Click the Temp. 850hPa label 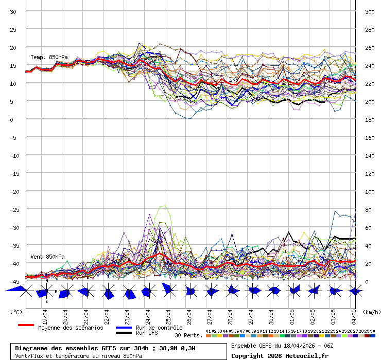tap(49, 57)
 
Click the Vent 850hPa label tap(47, 256)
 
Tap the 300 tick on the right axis tap(370, 11)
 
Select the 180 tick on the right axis tap(370, 119)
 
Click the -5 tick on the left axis tap(14, 137)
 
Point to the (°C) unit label tap(16, 312)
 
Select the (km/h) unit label tap(371, 312)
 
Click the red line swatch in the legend tap(26, 325)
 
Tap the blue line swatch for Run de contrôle tap(124, 327)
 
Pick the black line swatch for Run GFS tap(124, 333)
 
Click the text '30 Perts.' tap(188, 335)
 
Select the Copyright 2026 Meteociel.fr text tap(280, 355)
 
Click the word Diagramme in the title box tap(32, 348)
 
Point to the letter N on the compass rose tap(46, 281)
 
